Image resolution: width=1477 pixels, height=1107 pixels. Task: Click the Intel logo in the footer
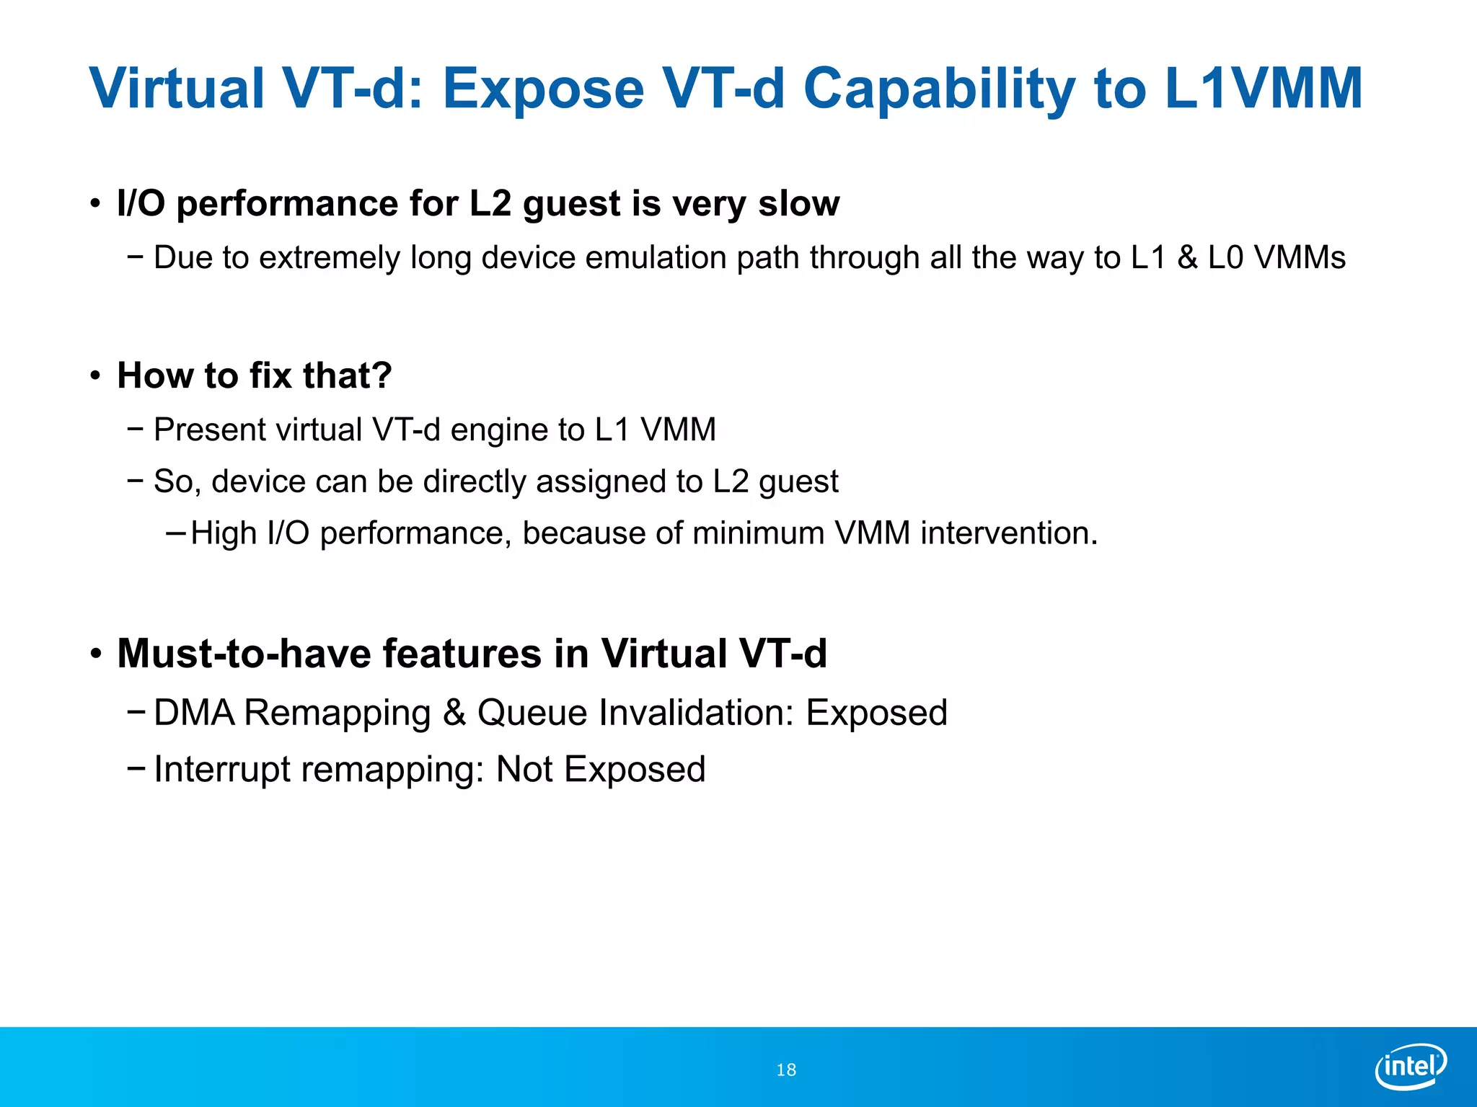(1411, 1066)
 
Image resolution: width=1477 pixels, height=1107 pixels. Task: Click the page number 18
(786, 1070)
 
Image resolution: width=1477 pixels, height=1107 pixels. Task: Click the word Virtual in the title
(177, 89)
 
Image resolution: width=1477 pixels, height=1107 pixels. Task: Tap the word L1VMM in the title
(1263, 89)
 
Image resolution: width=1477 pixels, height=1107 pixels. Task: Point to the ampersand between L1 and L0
(1187, 258)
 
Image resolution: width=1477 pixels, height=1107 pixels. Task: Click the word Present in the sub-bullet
(210, 430)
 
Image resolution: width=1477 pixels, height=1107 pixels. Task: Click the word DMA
(194, 713)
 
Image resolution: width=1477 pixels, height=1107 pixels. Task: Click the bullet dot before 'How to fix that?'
(95, 376)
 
